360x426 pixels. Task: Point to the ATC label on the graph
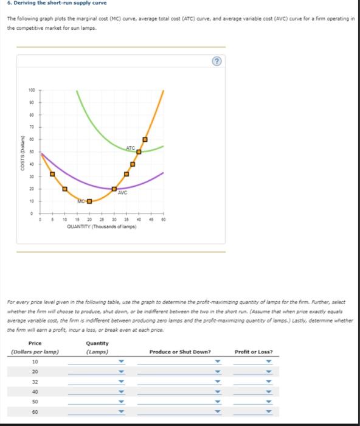pyautogui.click(x=131, y=148)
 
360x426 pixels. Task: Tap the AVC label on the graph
pyautogui.click(x=122, y=194)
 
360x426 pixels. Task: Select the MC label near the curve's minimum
pyautogui.click(x=81, y=201)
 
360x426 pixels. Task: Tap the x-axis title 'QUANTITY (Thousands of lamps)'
pyautogui.click(x=102, y=226)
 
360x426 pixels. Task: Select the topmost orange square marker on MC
pyautogui.click(x=145, y=139)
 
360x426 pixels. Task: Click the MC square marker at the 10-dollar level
pyautogui.click(x=89, y=201)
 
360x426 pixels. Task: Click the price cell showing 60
pyautogui.click(x=35, y=411)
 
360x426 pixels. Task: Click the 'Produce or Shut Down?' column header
pyautogui.click(x=181, y=351)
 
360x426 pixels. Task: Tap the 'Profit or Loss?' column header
pyautogui.click(x=254, y=351)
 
